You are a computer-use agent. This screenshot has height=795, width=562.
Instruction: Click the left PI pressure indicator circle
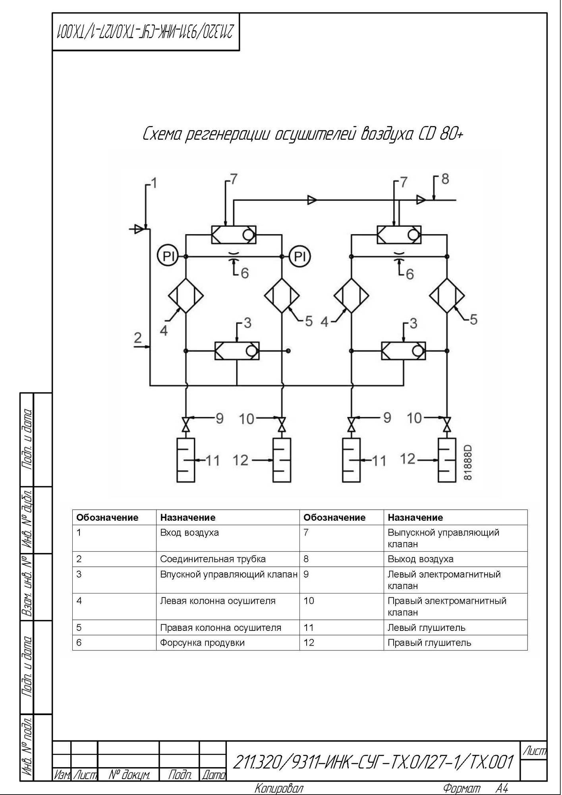pyautogui.click(x=168, y=256)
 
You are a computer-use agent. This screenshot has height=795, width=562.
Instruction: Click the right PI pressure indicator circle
pyautogui.click(x=300, y=256)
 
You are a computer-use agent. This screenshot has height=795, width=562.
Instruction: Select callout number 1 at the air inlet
pyautogui.click(x=154, y=183)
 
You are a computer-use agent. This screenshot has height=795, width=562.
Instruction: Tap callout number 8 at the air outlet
pyautogui.click(x=445, y=179)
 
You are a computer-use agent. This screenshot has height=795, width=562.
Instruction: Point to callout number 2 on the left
pyautogui.click(x=138, y=337)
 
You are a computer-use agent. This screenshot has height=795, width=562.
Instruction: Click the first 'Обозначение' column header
pyautogui.click(x=107, y=518)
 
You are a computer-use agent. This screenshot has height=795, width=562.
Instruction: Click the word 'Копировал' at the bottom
pyautogui.click(x=279, y=788)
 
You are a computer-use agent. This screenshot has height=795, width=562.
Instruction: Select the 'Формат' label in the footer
pyautogui.click(x=462, y=788)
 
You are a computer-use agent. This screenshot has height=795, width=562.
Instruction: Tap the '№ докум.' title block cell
pyautogui.click(x=129, y=774)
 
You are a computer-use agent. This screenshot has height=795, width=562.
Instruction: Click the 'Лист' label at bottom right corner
pyautogui.click(x=534, y=751)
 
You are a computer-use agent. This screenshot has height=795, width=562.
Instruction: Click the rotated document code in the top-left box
pyautogui.click(x=145, y=32)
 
